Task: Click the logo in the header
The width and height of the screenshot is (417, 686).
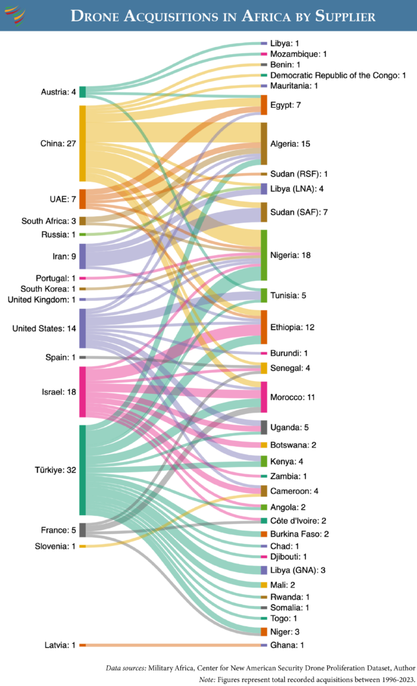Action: pyautogui.click(x=15, y=15)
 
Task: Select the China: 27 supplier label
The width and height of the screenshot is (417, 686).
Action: pyautogui.click(x=57, y=143)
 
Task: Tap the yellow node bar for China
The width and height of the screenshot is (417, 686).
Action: pyautogui.click(x=82, y=143)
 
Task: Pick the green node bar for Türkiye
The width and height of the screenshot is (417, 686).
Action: pyautogui.click(x=82, y=470)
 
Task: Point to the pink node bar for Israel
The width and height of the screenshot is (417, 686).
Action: pyautogui.click(x=82, y=392)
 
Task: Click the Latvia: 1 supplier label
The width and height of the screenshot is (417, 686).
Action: pyautogui.click(x=57, y=644)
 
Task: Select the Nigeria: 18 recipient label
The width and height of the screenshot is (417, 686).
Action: pyautogui.click(x=292, y=255)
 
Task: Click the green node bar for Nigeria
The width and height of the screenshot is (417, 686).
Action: pyautogui.click(x=264, y=255)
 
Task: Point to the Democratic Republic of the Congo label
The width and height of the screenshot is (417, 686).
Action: pyautogui.click(x=338, y=75)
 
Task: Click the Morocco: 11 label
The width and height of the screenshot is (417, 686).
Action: pyautogui.click(x=292, y=397)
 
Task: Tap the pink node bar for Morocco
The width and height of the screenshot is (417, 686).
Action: pyautogui.click(x=264, y=397)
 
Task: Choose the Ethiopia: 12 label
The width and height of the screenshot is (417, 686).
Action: pyautogui.click(x=292, y=327)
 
